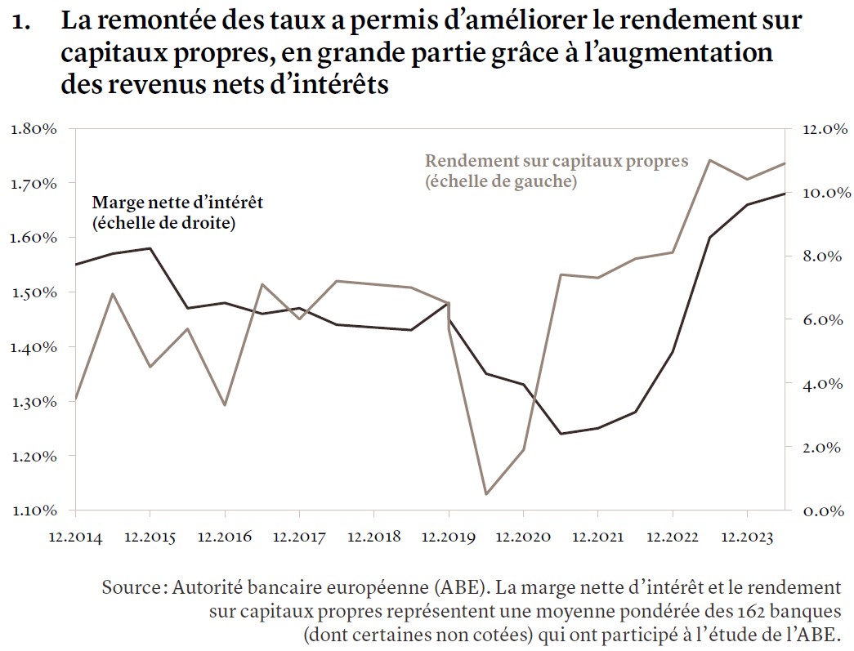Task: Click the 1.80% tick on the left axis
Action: (x=34, y=128)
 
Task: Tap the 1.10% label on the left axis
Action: (x=34, y=511)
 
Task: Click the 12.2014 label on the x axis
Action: (x=74, y=537)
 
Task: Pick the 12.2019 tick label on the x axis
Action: (x=448, y=537)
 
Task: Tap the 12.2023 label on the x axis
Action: (x=747, y=537)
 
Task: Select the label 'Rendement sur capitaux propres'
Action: (x=557, y=161)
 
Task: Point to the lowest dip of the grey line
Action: (x=486, y=493)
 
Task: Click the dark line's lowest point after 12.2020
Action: (x=561, y=433)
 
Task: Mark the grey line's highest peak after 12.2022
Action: (x=709, y=160)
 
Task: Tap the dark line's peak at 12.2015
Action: (x=150, y=248)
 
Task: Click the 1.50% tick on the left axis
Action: (x=34, y=292)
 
